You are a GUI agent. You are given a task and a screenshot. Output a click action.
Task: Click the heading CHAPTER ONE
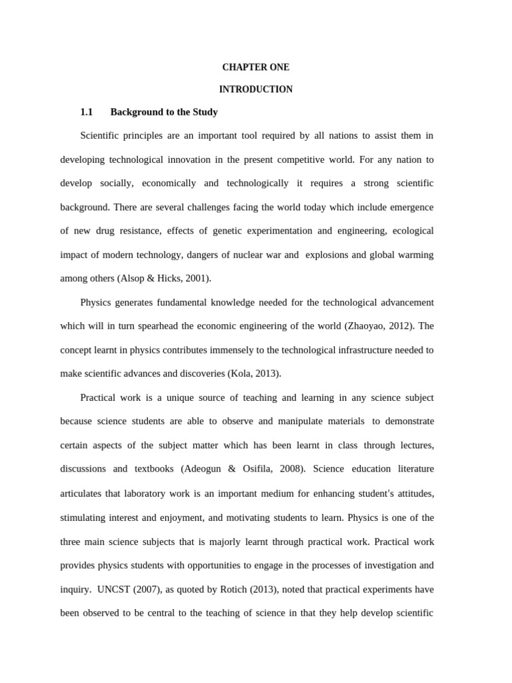pos(255,67)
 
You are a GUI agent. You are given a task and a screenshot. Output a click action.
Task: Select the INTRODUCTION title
pos(255,89)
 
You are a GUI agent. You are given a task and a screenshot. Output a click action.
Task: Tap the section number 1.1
pos(87,112)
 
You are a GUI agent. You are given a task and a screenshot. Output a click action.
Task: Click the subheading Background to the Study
pos(164,112)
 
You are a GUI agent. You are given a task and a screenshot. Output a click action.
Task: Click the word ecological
pos(411,231)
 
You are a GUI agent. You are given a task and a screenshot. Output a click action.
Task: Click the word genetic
pos(216,231)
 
